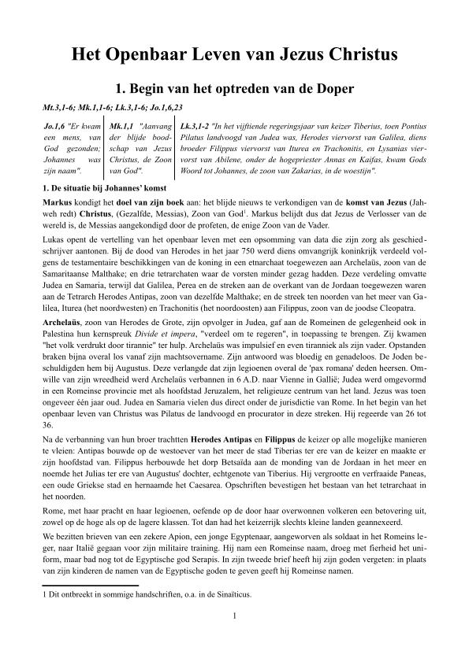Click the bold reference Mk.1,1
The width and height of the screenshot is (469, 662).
[x=121, y=126]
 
